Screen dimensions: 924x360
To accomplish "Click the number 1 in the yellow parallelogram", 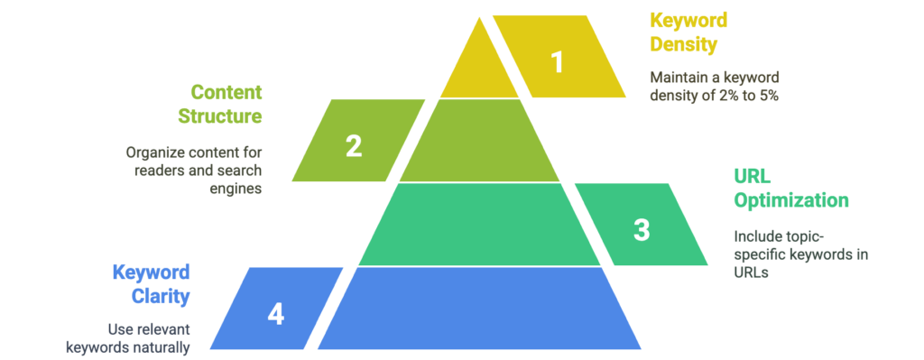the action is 558,62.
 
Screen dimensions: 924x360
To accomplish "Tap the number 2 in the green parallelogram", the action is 354,146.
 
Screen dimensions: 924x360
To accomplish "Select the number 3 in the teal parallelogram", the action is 642,230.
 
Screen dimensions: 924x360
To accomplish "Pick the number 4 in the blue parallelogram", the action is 276,314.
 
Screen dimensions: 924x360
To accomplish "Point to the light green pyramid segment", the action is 479,140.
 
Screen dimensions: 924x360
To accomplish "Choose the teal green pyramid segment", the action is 479,225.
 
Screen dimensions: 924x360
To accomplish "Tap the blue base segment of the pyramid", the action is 479,309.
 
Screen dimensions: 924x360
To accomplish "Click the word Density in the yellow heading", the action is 684,45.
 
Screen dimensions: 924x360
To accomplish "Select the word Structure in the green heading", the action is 220,115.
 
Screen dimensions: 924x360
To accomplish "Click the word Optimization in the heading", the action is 791,200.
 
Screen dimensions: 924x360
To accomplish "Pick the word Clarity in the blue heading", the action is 161,297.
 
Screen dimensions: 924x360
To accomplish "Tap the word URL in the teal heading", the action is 752,176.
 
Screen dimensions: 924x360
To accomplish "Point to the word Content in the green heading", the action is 226,93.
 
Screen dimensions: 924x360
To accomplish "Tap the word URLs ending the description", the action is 752,273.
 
